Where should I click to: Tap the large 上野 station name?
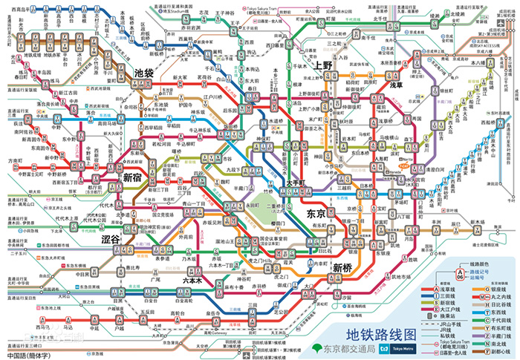coord(324,65)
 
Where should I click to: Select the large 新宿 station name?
coord(133,177)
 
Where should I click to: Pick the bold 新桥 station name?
coord(343,267)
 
